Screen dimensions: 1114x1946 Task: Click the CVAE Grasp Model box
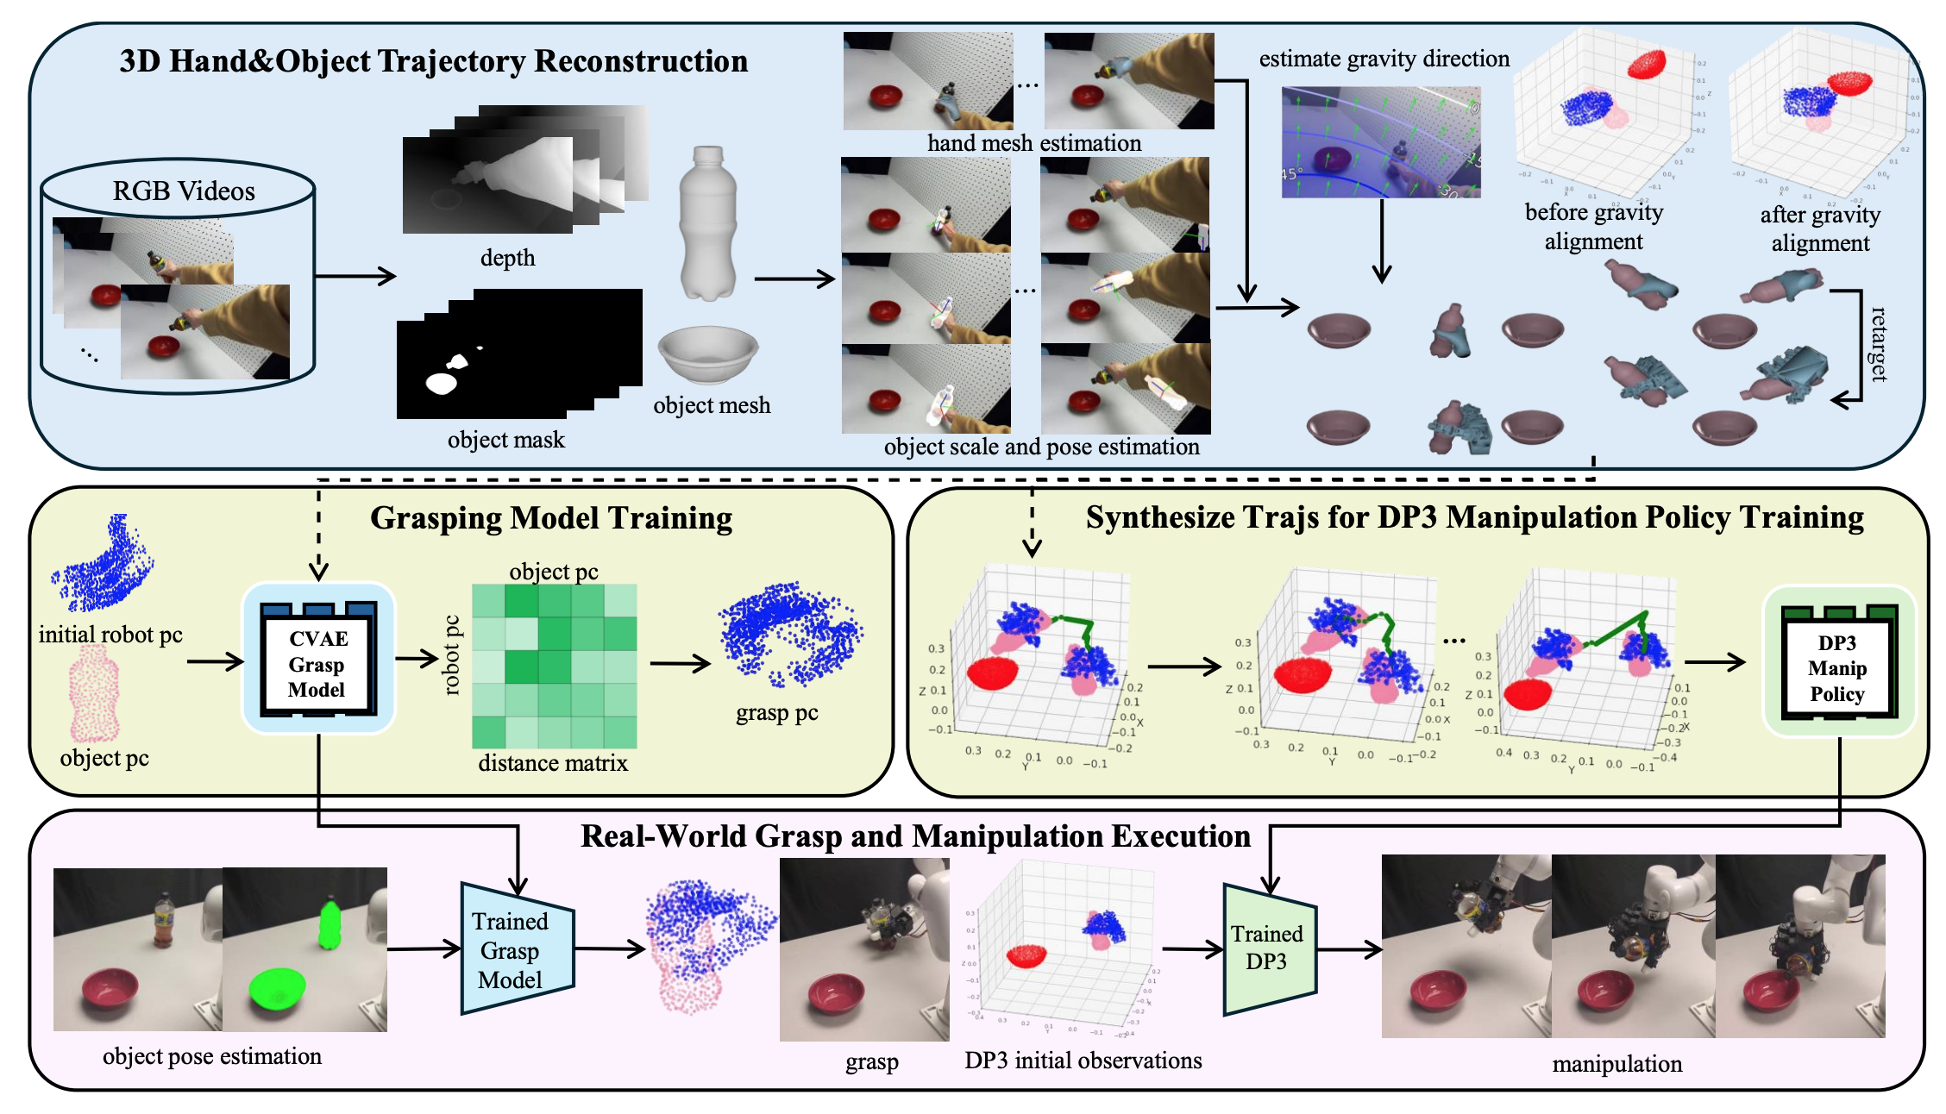pyautogui.click(x=317, y=664)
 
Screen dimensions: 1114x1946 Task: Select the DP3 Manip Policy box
pyautogui.click(x=1837, y=667)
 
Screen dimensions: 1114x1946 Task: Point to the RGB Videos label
pyautogui.click(x=184, y=191)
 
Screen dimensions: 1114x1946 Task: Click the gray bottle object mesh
pyautogui.click(x=707, y=224)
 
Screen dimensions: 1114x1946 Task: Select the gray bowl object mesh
pyautogui.click(x=708, y=354)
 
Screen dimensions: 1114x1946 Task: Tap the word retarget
pyautogui.click(x=1878, y=344)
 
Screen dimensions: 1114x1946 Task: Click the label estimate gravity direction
pyautogui.click(x=1384, y=59)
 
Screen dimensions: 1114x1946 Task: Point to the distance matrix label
pyautogui.click(x=553, y=763)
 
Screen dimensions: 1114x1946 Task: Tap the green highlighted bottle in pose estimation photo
pyautogui.click(x=329, y=924)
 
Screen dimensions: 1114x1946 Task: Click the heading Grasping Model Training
pyautogui.click(x=551, y=518)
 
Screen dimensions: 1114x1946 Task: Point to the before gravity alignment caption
pyautogui.click(x=1593, y=226)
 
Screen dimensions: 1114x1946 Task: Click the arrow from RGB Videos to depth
pyautogui.click(x=355, y=277)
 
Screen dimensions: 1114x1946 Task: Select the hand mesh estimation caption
pyautogui.click(x=1033, y=143)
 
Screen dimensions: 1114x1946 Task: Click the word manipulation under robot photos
pyautogui.click(x=1616, y=1064)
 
